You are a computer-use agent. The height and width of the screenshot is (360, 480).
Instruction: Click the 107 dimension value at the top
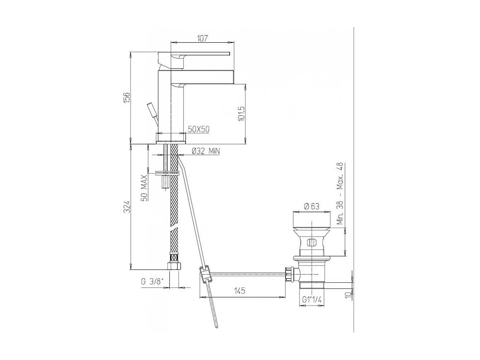tap(203, 38)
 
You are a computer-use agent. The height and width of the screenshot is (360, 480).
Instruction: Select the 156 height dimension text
tap(127, 97)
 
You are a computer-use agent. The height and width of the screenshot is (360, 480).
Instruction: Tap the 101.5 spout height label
tap(241, 113)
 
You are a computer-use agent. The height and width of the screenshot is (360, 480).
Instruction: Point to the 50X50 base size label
tap(199, 129)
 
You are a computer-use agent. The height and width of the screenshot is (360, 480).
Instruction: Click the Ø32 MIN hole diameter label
tap(205, 151)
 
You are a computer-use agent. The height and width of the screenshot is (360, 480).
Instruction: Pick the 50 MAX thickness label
tap(144, 188)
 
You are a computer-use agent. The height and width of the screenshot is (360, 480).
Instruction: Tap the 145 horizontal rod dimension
tap(240, 291)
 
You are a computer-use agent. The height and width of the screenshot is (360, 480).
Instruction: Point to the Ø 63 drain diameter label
tap(311, 206)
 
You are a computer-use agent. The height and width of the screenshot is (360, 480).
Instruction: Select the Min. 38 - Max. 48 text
tap(340, 193)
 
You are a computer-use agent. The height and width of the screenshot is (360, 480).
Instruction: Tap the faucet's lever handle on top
tap(201, 54)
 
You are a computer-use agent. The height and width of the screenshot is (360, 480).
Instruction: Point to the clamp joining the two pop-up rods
tap(205, 274)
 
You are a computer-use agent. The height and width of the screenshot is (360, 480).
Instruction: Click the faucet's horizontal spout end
tap(230, 77)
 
